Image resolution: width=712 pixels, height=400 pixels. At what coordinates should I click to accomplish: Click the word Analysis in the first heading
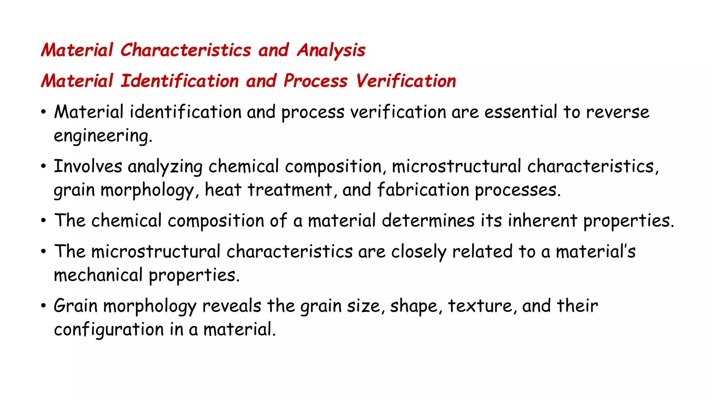[x=331, y=50]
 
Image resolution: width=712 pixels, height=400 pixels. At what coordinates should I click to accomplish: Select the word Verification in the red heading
[x=406, y=81]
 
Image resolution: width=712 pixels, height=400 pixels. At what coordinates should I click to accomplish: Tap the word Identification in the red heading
[x=180, y=81]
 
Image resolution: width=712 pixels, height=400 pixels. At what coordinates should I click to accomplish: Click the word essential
[x=520, y=112]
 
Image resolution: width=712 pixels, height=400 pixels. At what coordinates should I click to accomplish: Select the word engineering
[x=103, y=136]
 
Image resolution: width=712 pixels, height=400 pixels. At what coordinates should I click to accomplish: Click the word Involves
[x=88, y=166]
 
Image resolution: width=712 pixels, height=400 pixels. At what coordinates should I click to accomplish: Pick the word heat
[x=223, y=190]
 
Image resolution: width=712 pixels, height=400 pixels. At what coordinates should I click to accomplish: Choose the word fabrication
[x=423, y=190]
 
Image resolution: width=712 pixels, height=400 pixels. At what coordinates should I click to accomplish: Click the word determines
[x=428, y=221]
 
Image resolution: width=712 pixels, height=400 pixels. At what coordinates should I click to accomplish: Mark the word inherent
[x=542, y=221]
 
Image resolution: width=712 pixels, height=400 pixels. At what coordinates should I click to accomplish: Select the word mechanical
[x=98, y=275]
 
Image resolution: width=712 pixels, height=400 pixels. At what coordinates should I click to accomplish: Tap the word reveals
[x=232, y=306]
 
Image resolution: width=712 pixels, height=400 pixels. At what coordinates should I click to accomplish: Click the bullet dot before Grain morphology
[x=43, y=306]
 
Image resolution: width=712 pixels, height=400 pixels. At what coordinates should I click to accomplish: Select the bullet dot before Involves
[x=43, y=167]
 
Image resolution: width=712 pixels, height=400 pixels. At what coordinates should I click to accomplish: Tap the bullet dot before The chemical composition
[x=43, y=221]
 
